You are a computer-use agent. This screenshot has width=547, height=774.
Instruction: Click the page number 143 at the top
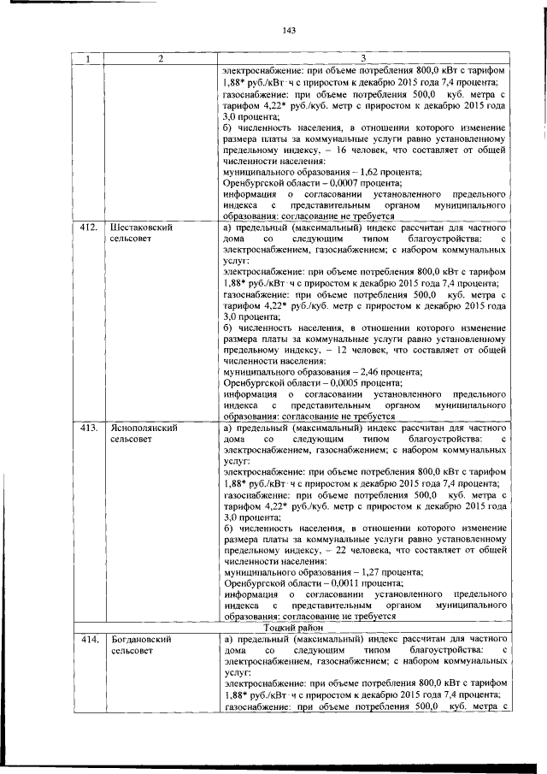pyautogui.click(x=288, y=30)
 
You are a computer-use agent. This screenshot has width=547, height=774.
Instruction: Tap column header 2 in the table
pyautogui.click(x=159, y=58)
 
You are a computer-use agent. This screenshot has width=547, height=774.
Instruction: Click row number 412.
pyautogui.click(x=86, y=228)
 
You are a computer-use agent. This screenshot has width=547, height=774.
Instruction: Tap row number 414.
pyautogui.click(x=86, y=639)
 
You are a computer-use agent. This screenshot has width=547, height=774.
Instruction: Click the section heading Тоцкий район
pyautogui.click(x=288, y=627)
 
